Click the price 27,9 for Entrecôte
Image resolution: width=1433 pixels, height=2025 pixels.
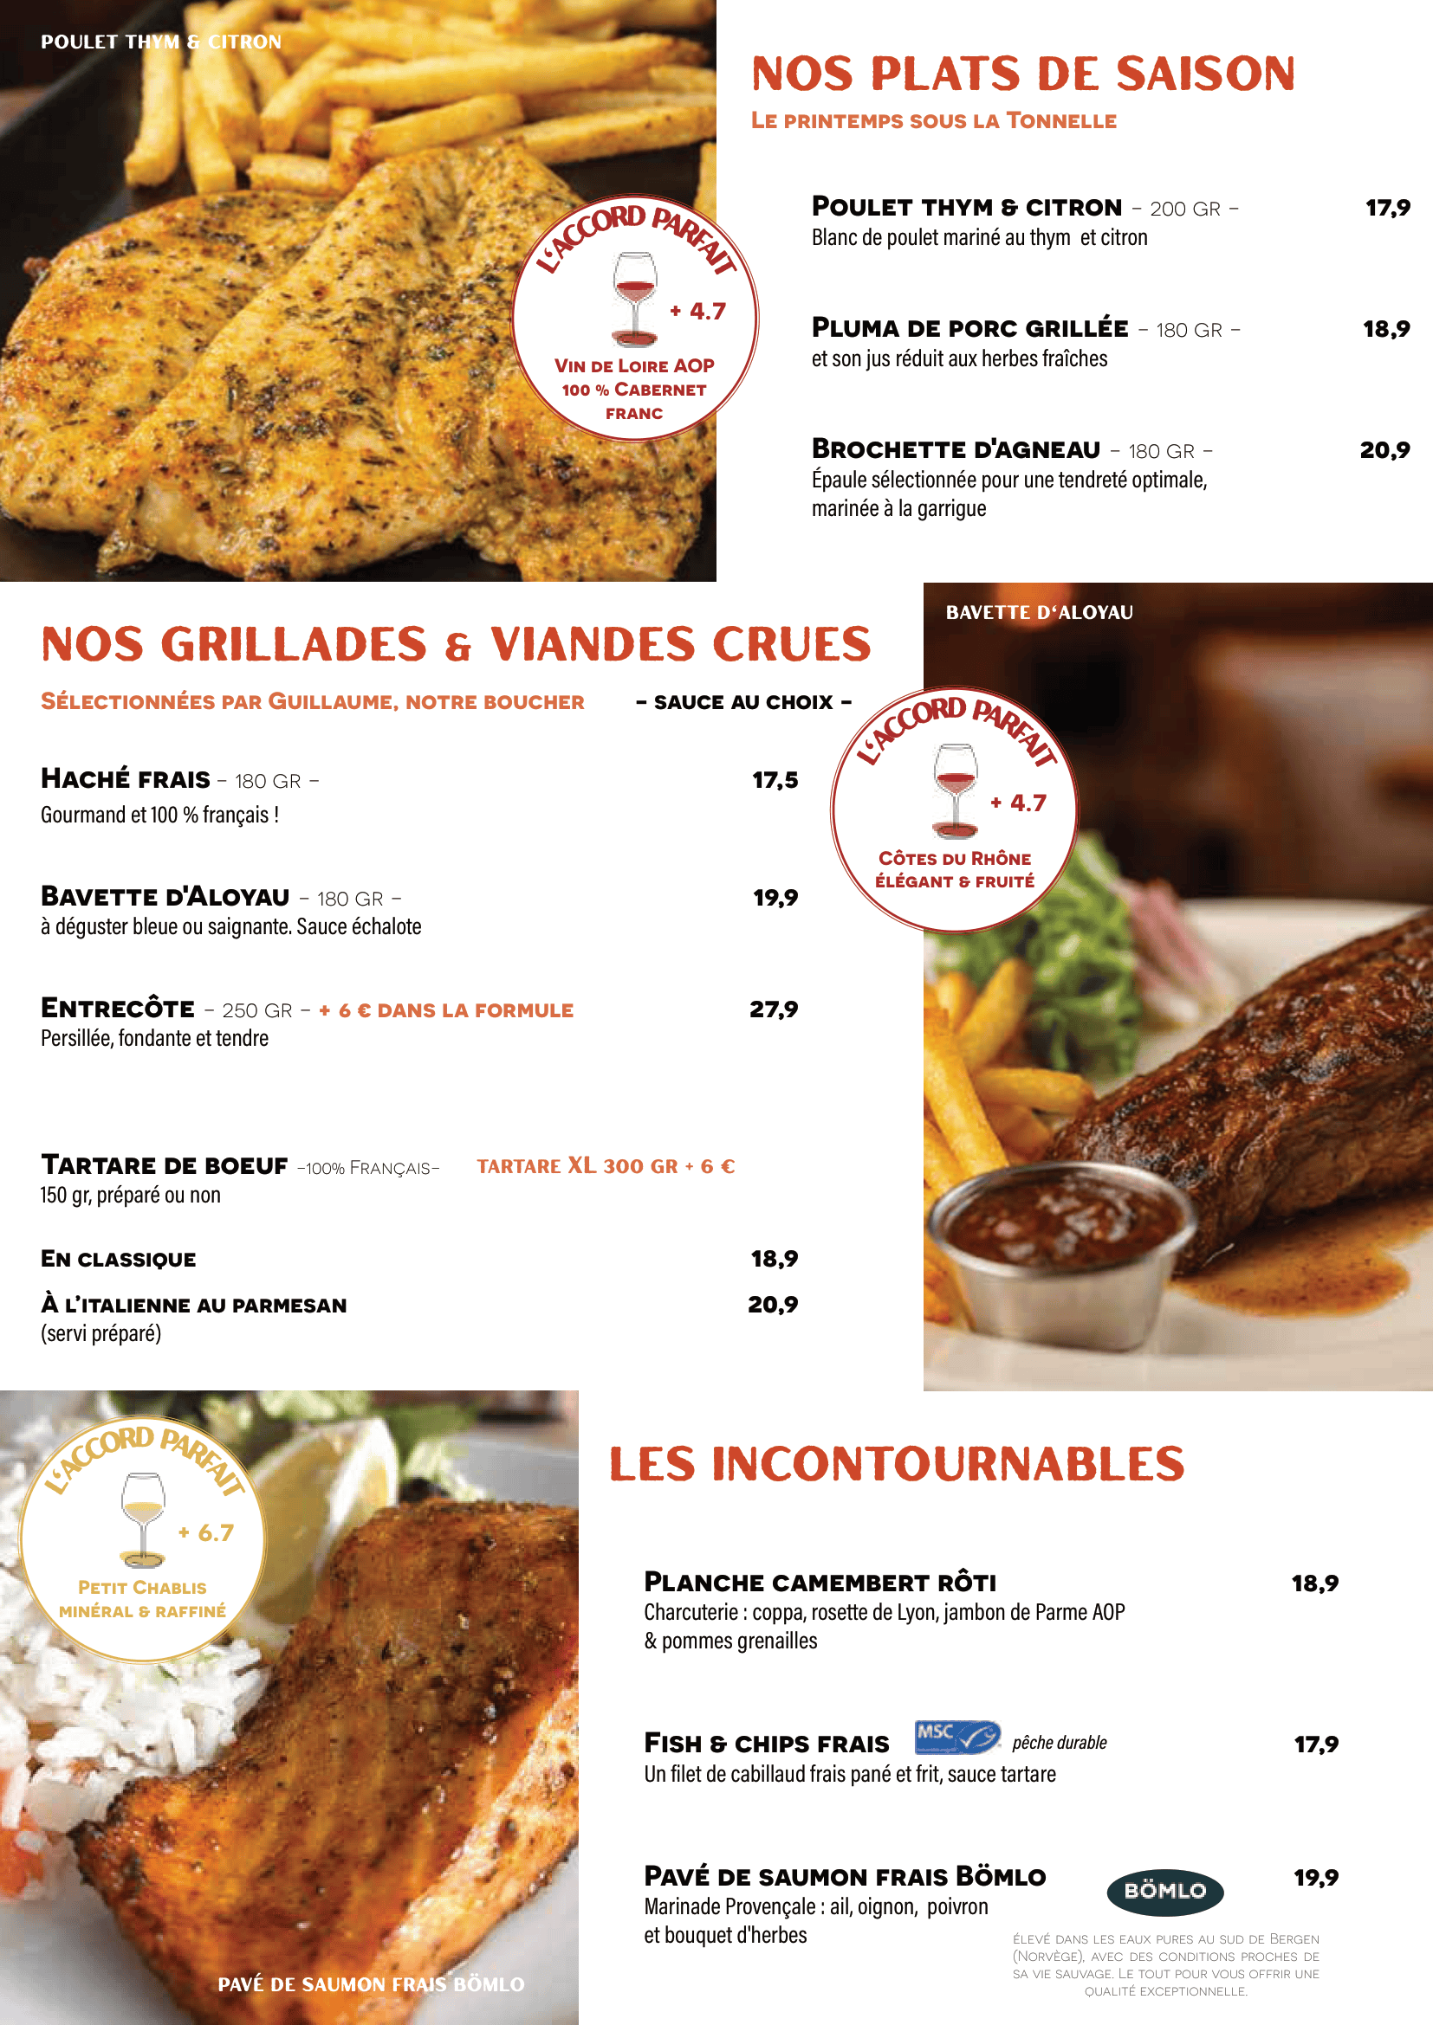coord(774,1009)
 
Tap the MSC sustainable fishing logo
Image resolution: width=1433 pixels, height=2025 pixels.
coord(956,1737)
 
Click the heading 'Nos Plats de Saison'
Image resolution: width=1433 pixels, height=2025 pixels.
coord(1022,74)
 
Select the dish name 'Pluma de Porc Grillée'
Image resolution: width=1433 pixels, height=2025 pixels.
coord(969,328)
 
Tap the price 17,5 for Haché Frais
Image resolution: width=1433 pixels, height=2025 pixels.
coord(775,780)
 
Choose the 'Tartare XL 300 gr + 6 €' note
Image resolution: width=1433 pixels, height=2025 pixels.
coord(606,1166)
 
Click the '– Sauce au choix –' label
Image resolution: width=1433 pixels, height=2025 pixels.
coord(744,702)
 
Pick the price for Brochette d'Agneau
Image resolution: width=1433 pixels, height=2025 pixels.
coord(1384,450)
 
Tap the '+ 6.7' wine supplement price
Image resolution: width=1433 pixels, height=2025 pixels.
coord(206,1533)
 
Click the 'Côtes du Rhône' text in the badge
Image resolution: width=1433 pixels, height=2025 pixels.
coord(955,858)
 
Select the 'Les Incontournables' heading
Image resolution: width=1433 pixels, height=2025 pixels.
coord(897,1465)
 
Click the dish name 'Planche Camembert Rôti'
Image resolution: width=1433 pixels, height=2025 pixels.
coord(820,1583)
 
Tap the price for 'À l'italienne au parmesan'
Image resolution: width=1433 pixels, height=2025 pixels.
coord(773,1305)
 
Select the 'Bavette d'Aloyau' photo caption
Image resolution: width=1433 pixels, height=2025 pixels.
coord(1040,612)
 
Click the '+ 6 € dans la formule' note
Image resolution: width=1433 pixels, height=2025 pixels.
coord(446,1009)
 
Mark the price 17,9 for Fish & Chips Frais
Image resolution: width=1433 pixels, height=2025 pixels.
coord(1316,1744)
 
